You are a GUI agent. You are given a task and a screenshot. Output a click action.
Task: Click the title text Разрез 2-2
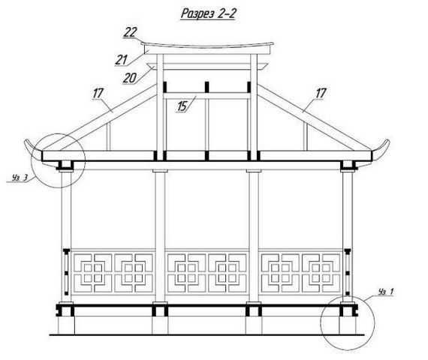(208, 13)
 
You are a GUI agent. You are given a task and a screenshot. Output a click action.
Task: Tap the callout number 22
(130, 32)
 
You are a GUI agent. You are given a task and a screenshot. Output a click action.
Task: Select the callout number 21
(122, 60)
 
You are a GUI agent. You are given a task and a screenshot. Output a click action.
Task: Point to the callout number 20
(129, 78)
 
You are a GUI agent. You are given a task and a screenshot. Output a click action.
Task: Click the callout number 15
(182, 106)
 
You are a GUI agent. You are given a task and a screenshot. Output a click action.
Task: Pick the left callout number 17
(98, 93)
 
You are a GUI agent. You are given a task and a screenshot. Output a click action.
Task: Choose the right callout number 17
(321, 93)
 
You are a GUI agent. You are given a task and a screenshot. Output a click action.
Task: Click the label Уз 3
(20, 178)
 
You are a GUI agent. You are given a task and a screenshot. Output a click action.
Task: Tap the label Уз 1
(386, 292)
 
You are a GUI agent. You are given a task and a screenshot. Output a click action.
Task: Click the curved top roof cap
(207, 45)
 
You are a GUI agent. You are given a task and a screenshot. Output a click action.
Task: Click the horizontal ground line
(206, 334)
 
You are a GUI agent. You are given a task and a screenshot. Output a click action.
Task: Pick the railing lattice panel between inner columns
(207, 273)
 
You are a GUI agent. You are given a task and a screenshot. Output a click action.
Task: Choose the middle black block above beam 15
(207, 87)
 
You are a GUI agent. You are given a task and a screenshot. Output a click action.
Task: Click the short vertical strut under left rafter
(108, 136)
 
